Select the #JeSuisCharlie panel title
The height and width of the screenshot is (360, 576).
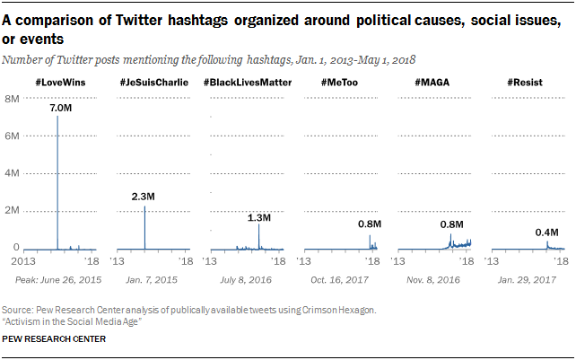153,83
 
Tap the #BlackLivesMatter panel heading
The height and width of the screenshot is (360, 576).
249,83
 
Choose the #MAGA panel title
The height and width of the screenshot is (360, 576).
432,83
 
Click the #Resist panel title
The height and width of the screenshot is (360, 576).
525,83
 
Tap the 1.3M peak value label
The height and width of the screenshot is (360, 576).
258,216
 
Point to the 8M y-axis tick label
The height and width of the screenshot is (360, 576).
13,98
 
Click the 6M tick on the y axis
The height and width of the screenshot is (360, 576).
13,136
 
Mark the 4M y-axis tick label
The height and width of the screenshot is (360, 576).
13,173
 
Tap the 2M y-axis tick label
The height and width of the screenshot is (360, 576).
13,211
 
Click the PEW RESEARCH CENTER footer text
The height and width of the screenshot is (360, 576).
57,339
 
